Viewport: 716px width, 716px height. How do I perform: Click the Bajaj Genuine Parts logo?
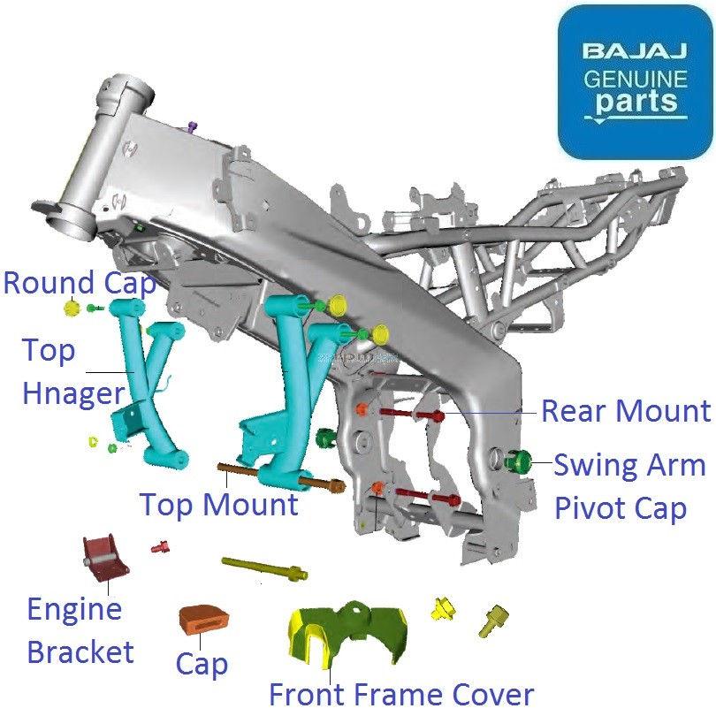tap(634, 81)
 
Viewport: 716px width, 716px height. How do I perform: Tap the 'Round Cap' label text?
tap(80, 284)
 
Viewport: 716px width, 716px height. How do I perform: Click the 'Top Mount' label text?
tap(219, 506)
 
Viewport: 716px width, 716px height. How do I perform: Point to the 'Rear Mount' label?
tap(626, 411)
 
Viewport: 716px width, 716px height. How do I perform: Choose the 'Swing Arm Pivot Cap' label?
tap(629, 487)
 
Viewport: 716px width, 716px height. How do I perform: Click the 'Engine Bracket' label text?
tap(80, 630)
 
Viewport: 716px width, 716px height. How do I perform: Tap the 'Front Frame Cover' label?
tap(401, 695)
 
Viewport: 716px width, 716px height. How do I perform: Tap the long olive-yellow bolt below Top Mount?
tap(264, 568)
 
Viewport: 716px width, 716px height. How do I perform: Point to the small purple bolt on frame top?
tap(192, 128)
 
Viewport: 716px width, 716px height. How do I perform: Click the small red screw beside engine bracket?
tap(160, 548)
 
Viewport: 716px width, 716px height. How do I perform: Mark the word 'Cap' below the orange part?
tap(202, 664)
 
